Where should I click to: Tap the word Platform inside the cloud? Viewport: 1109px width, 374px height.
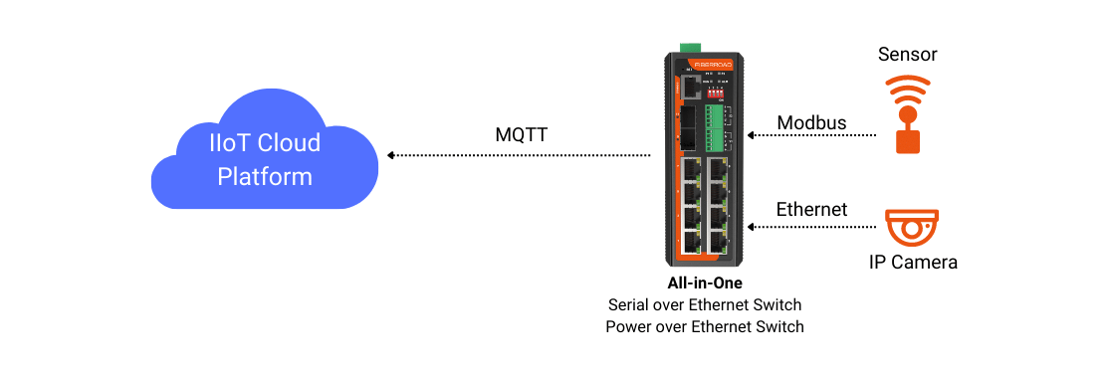tap(265, 177)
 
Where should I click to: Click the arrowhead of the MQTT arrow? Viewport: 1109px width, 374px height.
tap(391, 155)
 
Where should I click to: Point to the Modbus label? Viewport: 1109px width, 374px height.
tap(811, 123)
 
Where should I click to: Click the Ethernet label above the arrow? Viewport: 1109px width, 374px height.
tap(811, 210)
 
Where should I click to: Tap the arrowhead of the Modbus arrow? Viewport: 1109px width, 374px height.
tap(752, 133)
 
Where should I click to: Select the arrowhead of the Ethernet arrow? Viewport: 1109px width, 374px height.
tap(752, 227)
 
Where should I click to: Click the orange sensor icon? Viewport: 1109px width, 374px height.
tap(907, 112)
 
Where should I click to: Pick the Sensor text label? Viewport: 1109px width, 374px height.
tap(907, 54)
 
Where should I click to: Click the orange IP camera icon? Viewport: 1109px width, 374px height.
tap(911, 229)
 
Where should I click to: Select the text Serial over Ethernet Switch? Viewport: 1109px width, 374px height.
tap(704, 305)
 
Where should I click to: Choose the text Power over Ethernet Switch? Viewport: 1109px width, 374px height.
tap(704, 326)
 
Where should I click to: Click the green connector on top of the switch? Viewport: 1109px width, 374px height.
tap(689, 48)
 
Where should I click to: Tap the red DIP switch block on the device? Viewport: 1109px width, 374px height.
tap(716, 93)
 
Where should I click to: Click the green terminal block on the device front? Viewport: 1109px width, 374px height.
tap(715, 125)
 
